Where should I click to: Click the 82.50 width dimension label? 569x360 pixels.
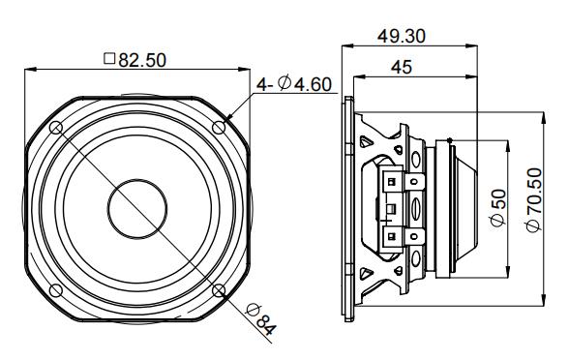click(140, 60)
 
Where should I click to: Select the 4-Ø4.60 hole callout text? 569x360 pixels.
click(294, 85)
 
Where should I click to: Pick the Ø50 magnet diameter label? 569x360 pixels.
click(497, 208)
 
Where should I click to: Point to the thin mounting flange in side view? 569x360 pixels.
click(346, 208)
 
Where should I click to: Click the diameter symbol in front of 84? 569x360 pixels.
click(253, 312)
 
